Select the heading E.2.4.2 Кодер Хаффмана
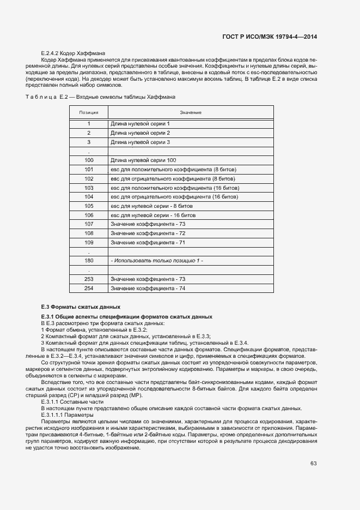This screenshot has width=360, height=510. [x=65, y=53]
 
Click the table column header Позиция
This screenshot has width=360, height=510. [x=89, y=112]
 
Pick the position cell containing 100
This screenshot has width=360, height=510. [x=89, y=160]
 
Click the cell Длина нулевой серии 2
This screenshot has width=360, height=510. [x=140, y=133]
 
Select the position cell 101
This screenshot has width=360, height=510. [x=89, y=170]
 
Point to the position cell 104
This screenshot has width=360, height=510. [x=89, y=197]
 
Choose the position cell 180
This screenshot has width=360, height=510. [x=89, y=261]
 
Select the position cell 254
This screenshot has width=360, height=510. [x=89, y=289]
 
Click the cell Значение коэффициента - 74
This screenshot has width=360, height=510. [x=148, y=289]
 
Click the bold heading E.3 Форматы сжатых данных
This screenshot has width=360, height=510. [x=81, y=307]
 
